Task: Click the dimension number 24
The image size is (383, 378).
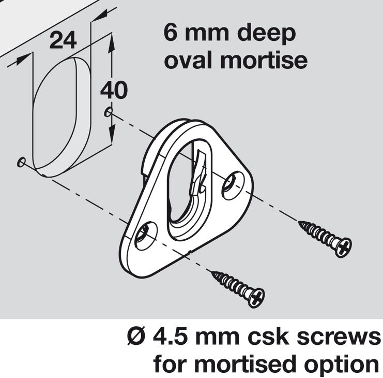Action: point(63,40)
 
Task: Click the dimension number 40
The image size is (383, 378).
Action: point(114,90)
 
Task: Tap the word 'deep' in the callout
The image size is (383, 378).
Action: point(267,34)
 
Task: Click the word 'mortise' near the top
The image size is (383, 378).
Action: point(264,60)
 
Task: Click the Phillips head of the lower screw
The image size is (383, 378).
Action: point(256,297)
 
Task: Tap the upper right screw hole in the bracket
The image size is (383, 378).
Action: point(233,184)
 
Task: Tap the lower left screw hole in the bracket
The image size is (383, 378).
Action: point(146,236)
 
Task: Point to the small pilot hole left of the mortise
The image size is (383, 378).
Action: point(21,163)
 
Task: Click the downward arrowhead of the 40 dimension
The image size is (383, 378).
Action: point(112,132)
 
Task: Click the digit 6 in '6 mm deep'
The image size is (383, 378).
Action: point(170,32)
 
